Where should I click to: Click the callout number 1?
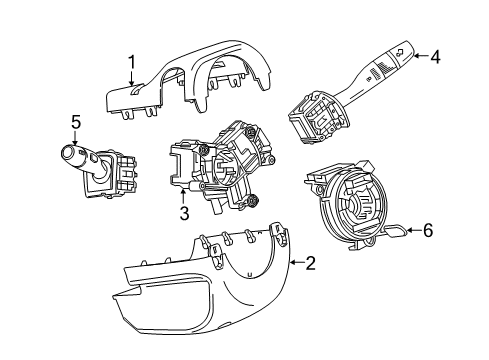[130, 63]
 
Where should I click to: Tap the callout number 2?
[310, 263]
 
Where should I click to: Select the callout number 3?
[184, 212]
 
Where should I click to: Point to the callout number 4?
[435, 56]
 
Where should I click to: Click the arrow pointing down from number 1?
[131, 82]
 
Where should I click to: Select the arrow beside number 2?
[293, 263]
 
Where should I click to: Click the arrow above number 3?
[184, 194]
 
